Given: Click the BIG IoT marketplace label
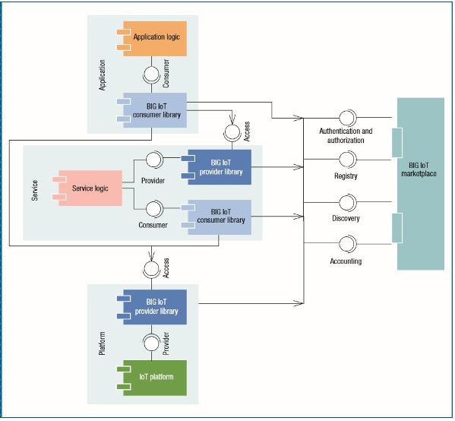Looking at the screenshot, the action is (419, 169).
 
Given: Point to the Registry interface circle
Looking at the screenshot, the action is (347, 160).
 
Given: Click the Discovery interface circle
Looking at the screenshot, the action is (347, 202).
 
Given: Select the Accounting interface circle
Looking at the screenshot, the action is (347, 244).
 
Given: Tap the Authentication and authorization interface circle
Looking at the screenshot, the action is (347, 118).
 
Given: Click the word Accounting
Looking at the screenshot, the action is (346, 261).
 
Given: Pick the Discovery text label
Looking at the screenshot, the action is (346, 218).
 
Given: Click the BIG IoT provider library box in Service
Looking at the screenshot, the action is (216, 167).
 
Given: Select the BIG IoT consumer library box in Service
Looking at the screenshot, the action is (216, 217).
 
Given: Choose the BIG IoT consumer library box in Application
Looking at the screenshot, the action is (152, 110).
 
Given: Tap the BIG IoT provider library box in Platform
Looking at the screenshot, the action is (152, 307).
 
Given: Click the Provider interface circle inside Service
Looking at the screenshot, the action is (154, 160).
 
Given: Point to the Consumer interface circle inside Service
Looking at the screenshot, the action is (154, 209).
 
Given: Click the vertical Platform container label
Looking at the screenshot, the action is (102, 343).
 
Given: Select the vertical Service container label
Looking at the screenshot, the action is (35, 190).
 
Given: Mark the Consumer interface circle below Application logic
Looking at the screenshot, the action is (151, 75).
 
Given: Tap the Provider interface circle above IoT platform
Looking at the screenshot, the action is (151, 343).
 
